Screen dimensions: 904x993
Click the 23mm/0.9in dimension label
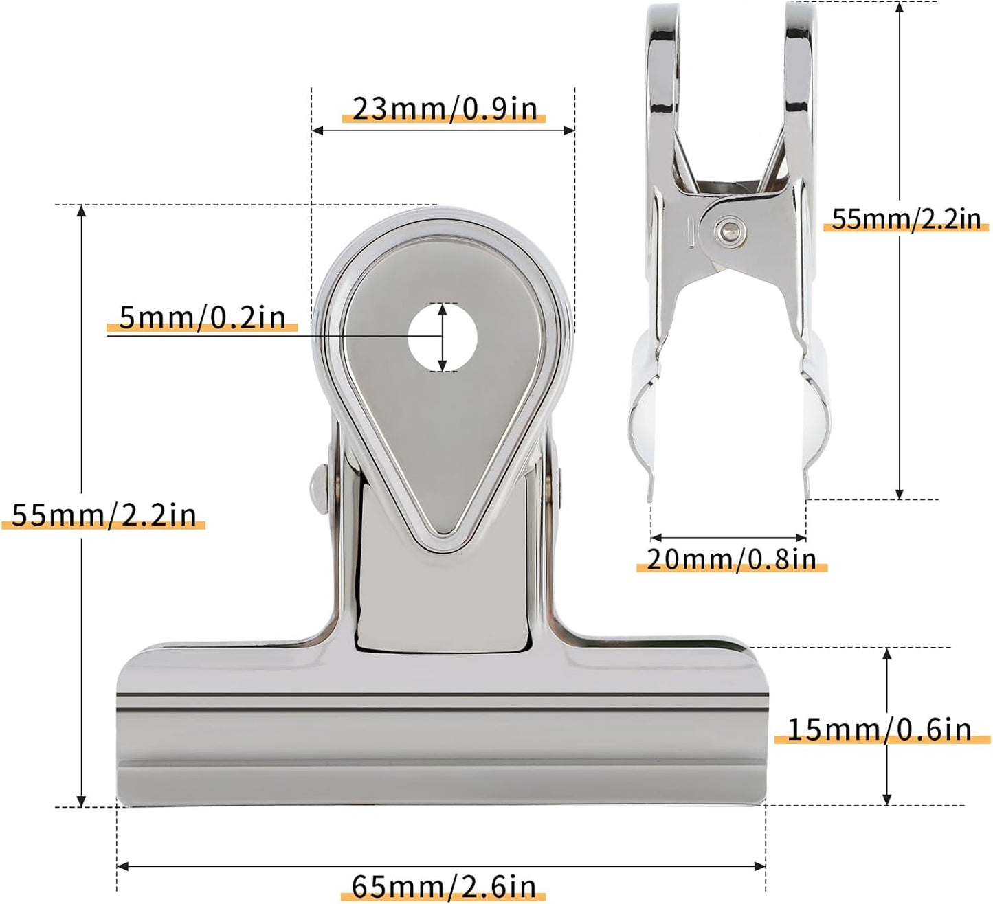click(x=444, y=109)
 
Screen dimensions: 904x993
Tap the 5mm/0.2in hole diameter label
click(x=202, y=317)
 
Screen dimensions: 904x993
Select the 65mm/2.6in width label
click(x=443, y=887)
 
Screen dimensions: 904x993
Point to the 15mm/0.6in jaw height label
click(x=879, y=730)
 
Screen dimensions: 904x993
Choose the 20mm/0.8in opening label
click(x=731, y=560)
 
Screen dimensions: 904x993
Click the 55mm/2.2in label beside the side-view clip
click(x=906, y=219)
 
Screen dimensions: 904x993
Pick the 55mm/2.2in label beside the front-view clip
click(x=104, y=515)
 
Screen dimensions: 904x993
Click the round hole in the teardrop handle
click(x=443, y=337)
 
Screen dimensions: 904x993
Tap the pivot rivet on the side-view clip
click(x=727, y=230)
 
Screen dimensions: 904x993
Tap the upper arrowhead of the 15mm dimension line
click(x=887, y=653)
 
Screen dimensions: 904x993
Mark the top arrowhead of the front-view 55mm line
click(x=82, y=211)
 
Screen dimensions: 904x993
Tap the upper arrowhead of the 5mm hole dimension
click(x=443, y=308)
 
